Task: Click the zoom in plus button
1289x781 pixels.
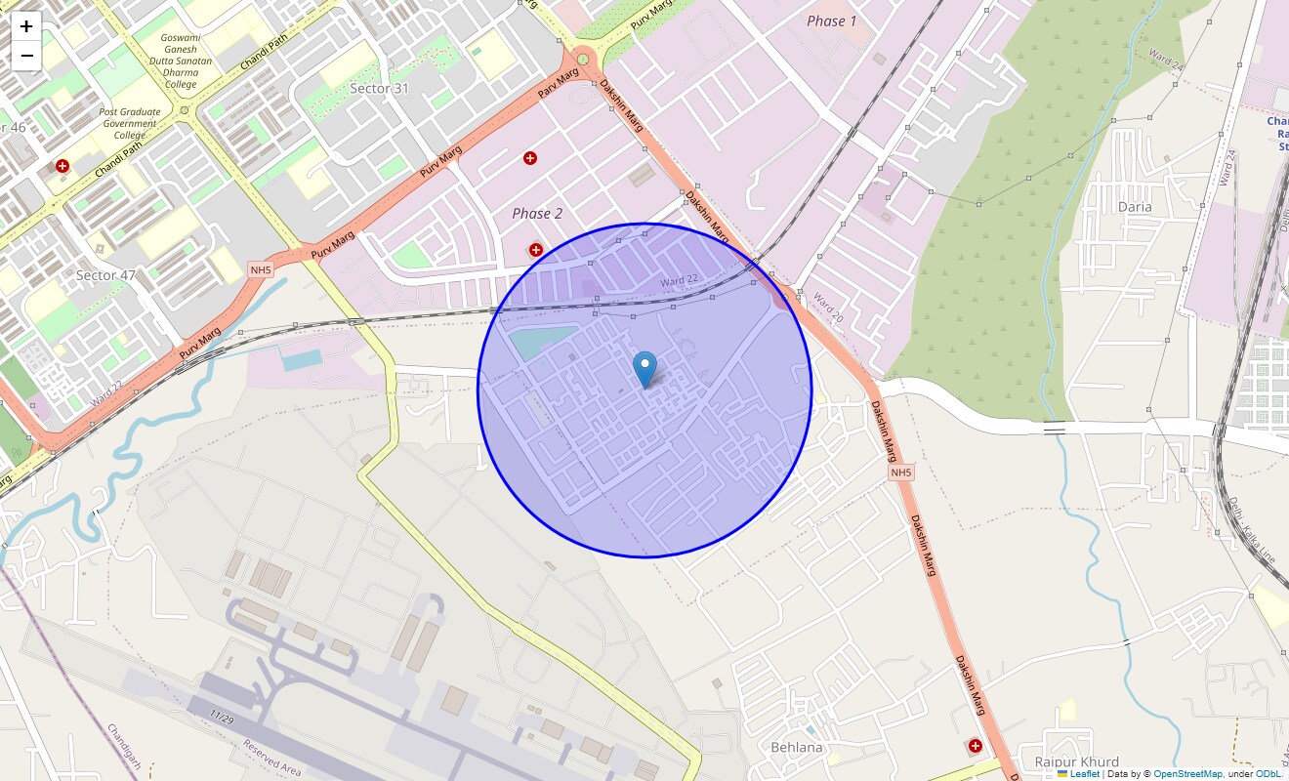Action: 26,26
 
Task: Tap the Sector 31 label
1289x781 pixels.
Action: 379,89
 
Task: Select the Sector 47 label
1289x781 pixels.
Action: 105,275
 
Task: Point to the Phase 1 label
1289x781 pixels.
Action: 832,21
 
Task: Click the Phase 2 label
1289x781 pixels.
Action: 537,213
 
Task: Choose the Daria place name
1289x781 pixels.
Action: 1135,207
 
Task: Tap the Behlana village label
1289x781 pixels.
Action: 797,748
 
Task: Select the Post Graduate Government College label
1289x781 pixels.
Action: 129,124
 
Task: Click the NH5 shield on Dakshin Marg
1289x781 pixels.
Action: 900,473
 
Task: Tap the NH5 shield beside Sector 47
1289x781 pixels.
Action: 260,269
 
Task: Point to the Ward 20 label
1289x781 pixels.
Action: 827,308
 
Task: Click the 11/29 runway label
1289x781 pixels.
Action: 222,718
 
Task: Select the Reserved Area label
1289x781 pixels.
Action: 272,759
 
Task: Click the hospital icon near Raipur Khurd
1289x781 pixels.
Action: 975,746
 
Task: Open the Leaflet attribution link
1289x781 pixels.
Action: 1084,774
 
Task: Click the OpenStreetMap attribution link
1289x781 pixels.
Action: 1187,774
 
